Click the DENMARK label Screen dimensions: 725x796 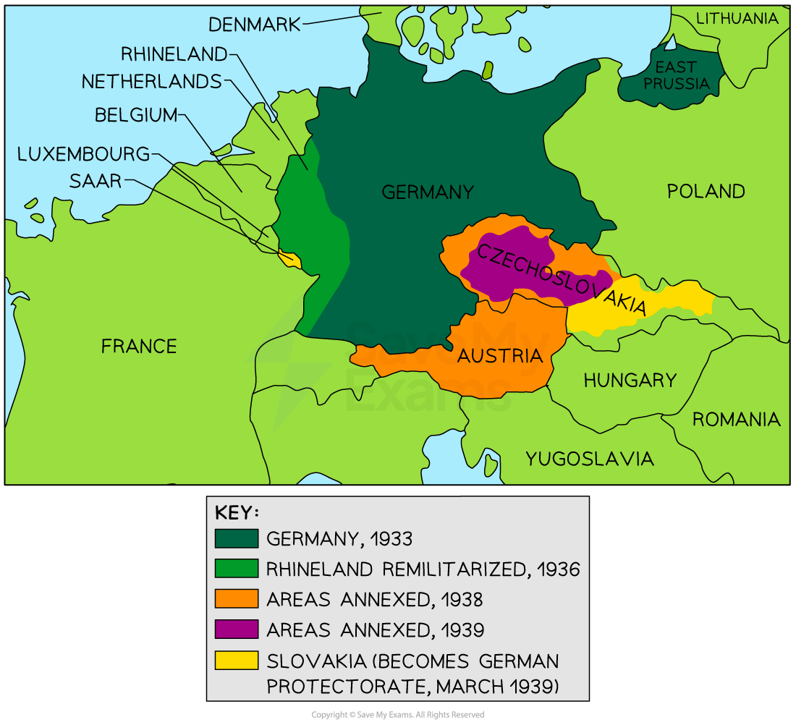254,25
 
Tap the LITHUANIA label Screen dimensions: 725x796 737,19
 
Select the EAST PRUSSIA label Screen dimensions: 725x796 677,75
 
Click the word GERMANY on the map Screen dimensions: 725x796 427,192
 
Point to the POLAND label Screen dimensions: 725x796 706,191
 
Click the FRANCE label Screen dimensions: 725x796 139,347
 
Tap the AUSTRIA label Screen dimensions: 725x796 499,356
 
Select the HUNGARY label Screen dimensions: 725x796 630,380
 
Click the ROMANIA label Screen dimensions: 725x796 736,420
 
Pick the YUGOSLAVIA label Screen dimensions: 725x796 589,459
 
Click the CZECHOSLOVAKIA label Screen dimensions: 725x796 558,279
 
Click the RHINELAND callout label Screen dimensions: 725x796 174,54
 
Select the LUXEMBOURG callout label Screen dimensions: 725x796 84,154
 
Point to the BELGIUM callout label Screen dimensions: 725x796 136,115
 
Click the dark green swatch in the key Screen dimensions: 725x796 236,538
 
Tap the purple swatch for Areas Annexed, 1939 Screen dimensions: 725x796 236,629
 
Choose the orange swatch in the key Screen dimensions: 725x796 236,599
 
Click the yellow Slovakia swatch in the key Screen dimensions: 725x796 236,661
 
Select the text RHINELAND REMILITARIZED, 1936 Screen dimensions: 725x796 423,569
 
